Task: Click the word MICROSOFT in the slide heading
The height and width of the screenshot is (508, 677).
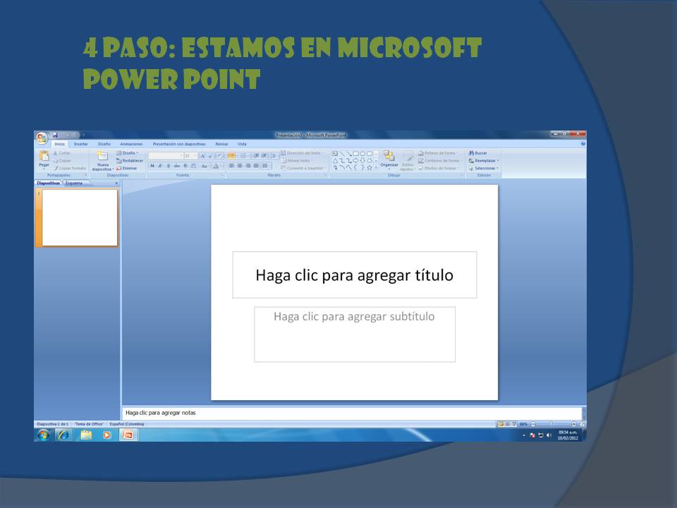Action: click(409, 48)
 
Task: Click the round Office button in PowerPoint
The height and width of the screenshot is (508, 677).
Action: click(42, 138)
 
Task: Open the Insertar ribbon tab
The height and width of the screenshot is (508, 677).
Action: click(81, 144)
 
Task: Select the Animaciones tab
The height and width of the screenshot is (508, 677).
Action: click(131, 144)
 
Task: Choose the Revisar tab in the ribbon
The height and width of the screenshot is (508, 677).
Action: click(221, 144)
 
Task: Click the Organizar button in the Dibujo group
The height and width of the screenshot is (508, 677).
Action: click(389, 159)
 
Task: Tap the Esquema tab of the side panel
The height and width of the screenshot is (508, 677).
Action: click(74, 183)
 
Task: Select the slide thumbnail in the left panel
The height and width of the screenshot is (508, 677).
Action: click(79, 217)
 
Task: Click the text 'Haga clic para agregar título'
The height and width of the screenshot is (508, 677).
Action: click(354, 275)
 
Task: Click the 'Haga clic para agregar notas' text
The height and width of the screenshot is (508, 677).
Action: click(160, 413)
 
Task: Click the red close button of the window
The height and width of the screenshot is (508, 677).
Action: click(578, 134)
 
